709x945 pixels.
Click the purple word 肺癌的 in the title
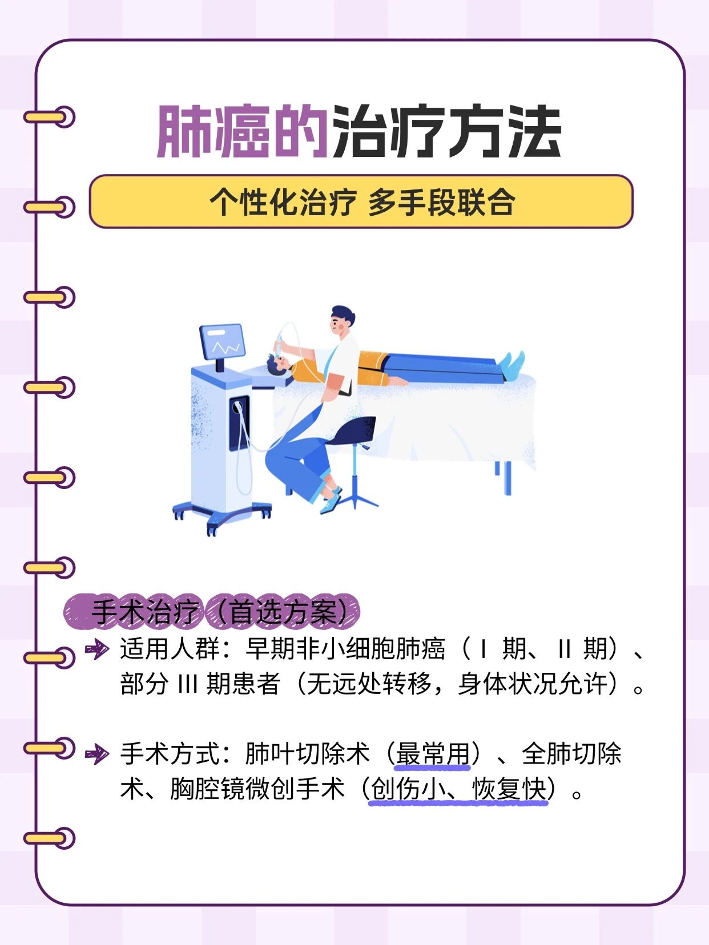tap(242, 132)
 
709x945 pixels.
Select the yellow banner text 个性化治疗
tap(283, 203)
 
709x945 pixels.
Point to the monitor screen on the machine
tap(223, 342)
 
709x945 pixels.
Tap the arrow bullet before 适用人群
tap(96, 649)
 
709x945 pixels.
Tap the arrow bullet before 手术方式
tap(96, 754)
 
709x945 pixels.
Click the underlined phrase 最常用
tap(432, 754)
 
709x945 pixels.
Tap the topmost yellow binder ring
tap(49, 117)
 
